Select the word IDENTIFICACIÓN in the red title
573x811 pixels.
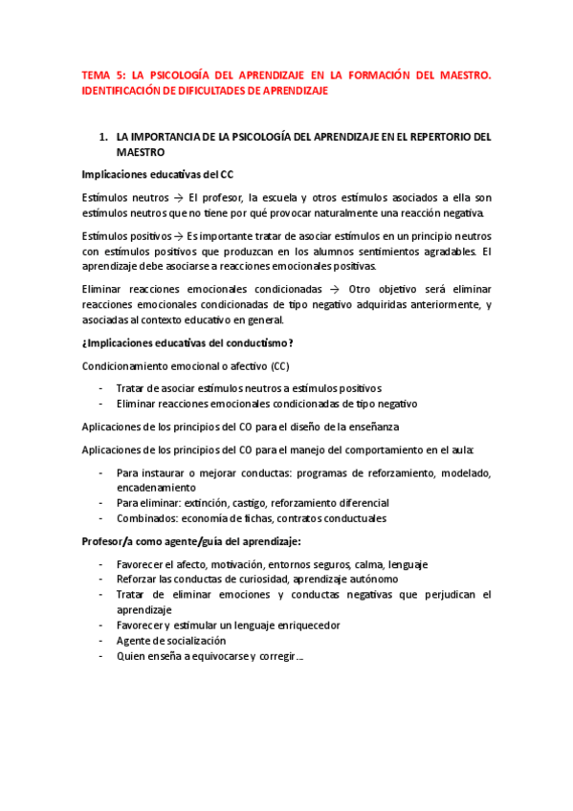pos(125,90)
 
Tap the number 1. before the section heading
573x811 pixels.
pos(103,137)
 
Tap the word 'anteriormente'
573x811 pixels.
pos(434,304)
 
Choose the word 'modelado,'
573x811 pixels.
pos(463,472)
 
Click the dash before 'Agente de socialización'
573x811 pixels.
pos(102,640)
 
